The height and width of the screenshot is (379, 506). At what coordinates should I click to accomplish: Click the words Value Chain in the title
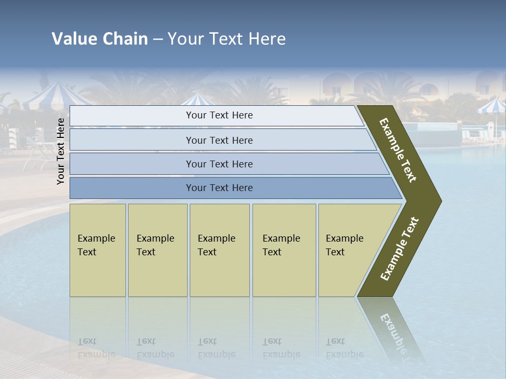(x=100, y=39)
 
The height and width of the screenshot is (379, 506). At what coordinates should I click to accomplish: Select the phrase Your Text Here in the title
(x=227, y=39)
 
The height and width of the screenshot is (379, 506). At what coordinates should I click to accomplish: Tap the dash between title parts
(x=158, y=39)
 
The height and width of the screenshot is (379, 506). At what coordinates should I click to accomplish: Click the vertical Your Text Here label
(x=61, y=151)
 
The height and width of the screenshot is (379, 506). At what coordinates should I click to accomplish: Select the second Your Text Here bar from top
(x=219, y=140)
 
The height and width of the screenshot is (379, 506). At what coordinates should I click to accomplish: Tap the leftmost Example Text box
(x=98, y=250)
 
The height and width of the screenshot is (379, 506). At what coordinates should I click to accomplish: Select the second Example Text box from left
(x=158, y=250)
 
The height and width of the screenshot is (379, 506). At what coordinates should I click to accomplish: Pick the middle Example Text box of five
(x=219, y=250)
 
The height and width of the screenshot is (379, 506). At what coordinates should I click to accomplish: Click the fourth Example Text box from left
(x=284, y=250)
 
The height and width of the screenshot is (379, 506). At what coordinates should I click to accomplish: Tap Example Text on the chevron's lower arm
(x=400, y=249)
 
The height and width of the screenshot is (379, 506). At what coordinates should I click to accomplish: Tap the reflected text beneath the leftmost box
(x=96, y=348)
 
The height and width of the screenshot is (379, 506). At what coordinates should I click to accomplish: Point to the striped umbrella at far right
(x=491, y=106)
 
